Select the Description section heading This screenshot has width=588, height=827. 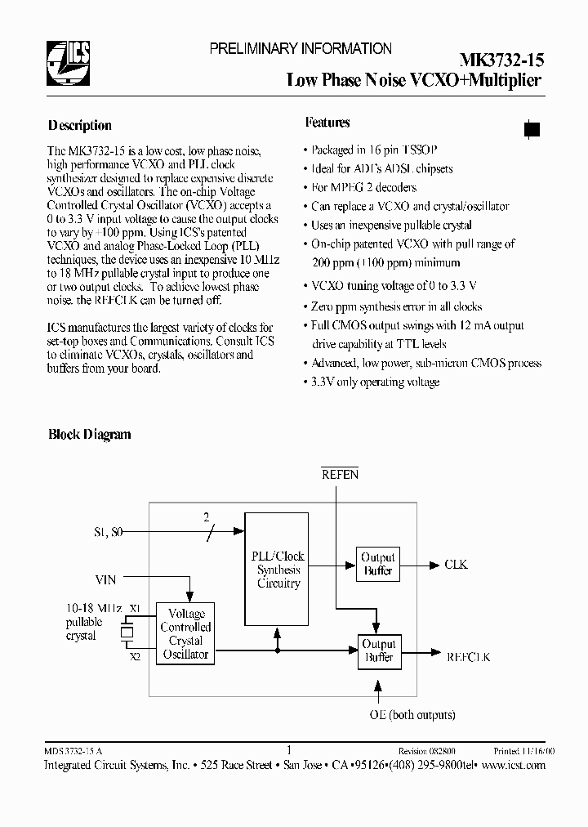(79, 126)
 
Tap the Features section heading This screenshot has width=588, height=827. (327, 123)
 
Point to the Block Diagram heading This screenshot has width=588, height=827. (89, 435)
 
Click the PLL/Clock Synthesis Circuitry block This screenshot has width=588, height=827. (278, 570)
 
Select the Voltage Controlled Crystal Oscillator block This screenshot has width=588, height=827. (185, 634)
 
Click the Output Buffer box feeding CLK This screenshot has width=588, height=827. (377, 565)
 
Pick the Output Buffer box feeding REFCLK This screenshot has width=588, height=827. (377, 650)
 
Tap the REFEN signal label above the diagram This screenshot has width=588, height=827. (339, 474)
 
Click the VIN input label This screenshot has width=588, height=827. (105, 579)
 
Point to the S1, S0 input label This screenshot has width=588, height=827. (110, 534)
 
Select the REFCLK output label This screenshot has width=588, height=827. (468, 655)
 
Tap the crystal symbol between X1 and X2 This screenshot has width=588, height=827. (127, 632)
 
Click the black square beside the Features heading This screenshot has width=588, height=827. (531, 128)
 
